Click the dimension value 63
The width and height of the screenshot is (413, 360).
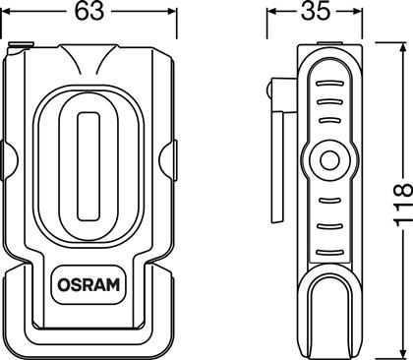click(x=89, y=11)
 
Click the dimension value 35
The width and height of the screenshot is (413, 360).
click(x=316, y=11)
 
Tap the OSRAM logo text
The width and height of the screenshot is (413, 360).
click(x=88, y=284)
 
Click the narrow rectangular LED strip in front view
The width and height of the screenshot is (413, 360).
click(x=88, y=166)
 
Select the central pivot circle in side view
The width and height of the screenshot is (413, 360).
click(x=329, y=160)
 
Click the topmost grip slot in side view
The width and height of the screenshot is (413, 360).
click(x=329, y=84)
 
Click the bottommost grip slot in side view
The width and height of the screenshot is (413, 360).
click(x=329, y=253)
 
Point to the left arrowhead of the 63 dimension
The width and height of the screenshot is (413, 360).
click(x=7, y=12)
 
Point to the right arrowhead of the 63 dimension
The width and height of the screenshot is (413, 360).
click(x=172, y=12)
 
